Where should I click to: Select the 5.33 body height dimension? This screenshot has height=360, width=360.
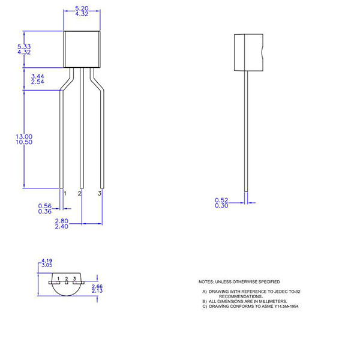pos(24,46)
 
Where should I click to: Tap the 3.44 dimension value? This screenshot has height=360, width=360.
pos(37,76)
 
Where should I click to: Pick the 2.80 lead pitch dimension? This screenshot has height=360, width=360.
pos(61,221)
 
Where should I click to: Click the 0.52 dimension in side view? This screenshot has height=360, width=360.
pos(221,200)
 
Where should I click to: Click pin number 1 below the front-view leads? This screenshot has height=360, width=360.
pos(64,193)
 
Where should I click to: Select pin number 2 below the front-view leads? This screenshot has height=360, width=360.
pos(80,193)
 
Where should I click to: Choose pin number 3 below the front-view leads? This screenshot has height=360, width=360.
pos(100,193)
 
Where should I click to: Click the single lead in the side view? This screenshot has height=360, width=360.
pos(246,132)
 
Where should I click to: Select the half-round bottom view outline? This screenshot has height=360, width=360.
pos(66,288)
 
